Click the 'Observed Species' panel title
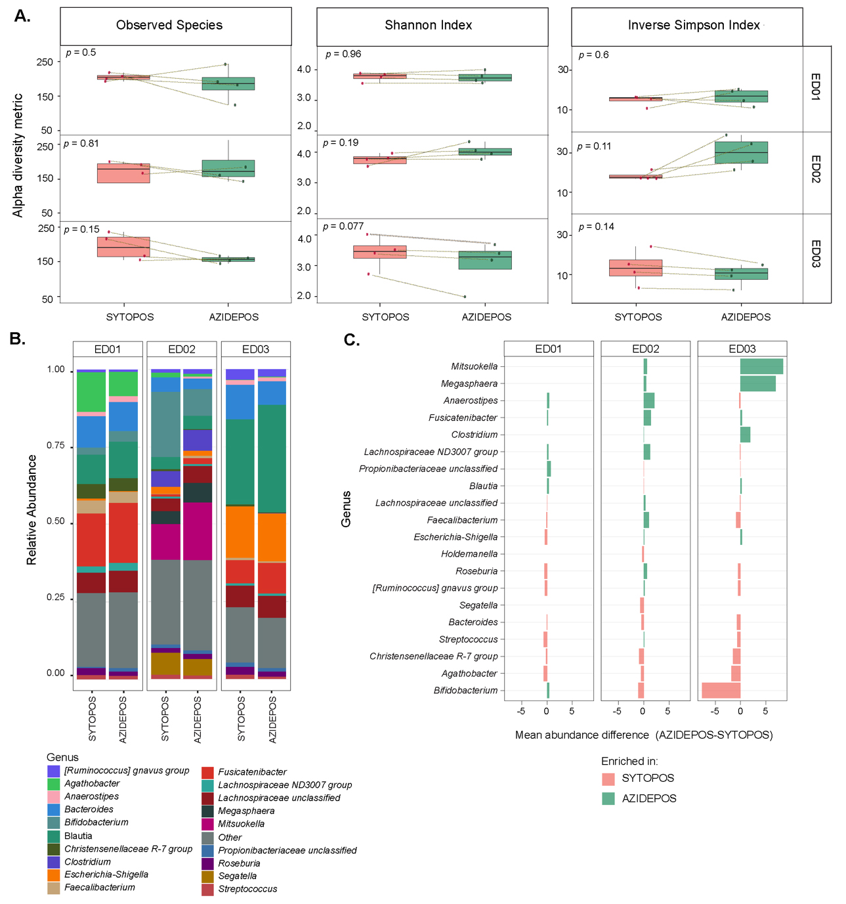pos(169,26)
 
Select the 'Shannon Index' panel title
pos(428,26)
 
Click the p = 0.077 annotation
pos(343,226)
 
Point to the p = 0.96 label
pos(343,54)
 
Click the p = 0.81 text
pos(81,144)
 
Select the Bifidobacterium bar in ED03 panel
pos(721,691)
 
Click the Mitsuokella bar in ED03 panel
pos(761,366)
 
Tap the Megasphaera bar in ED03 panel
pos(757,383)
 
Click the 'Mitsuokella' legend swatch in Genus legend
pos(207,824)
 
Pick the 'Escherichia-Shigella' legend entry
pos(106,874)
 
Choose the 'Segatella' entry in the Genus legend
pos(237,876)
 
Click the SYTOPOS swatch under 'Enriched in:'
pos(608,779)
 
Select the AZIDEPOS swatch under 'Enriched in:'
pos(608,798)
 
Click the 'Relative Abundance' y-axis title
pos(32,509)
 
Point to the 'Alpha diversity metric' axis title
pos(18,155)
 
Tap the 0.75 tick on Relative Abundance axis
pos(56,446)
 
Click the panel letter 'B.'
pos(18,339)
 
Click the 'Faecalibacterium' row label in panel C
pos(462,520)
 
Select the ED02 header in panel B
pos(182,349)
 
